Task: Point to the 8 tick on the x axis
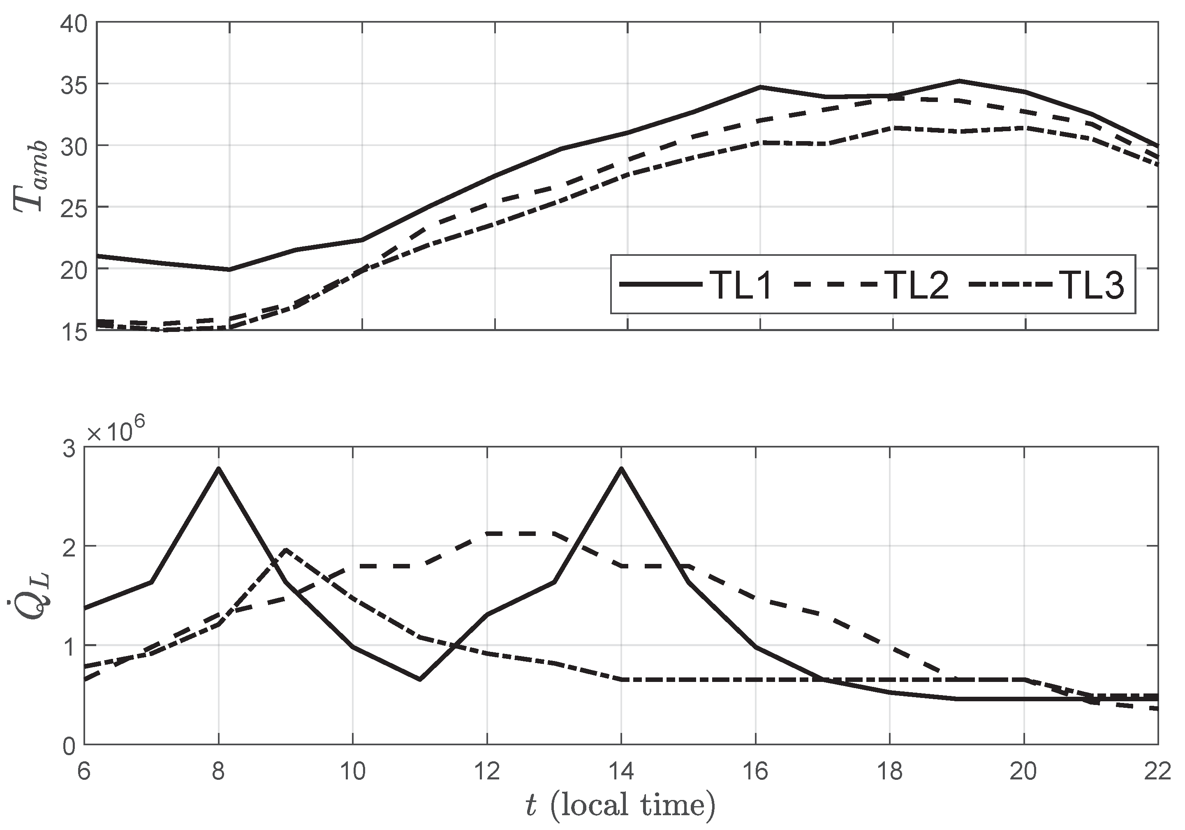[x=218, y=771]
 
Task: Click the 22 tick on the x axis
[x=1157, y=771]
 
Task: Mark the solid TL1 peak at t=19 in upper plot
[x=958, y=81]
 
